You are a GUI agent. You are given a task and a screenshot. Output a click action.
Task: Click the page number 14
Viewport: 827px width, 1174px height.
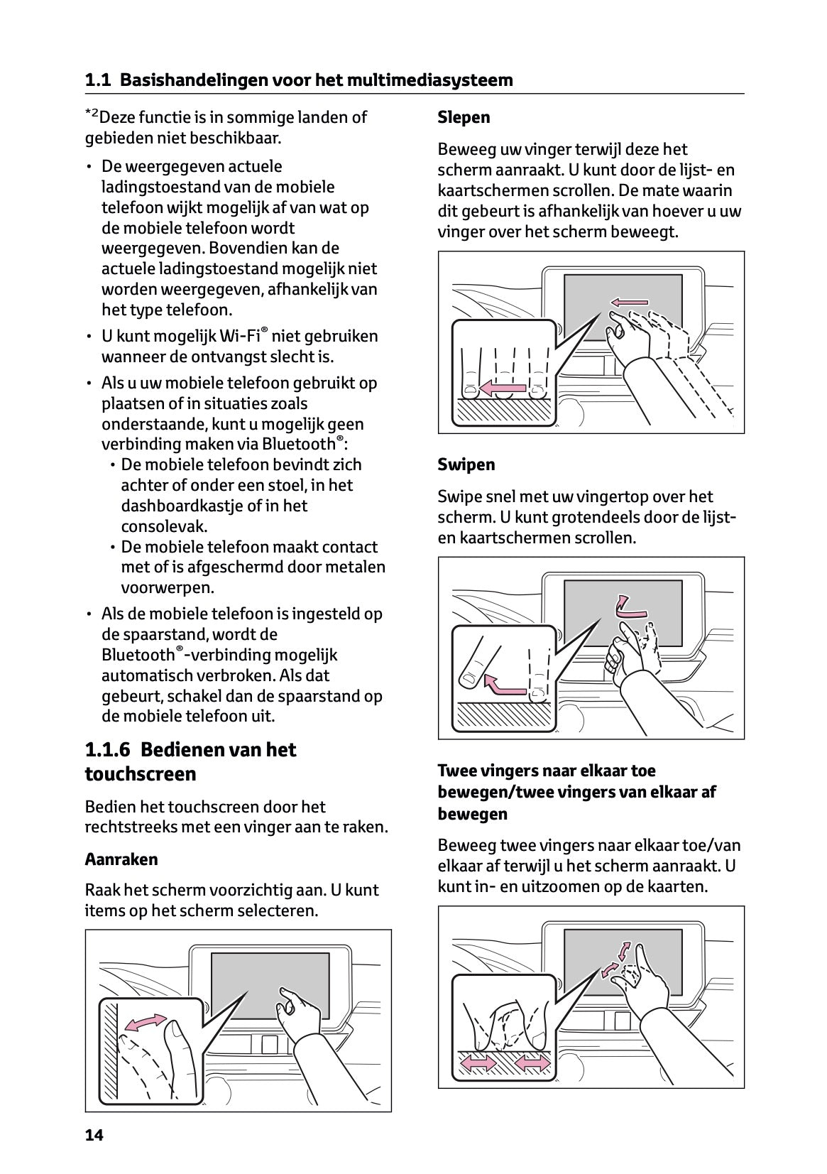[x=94, y=1135]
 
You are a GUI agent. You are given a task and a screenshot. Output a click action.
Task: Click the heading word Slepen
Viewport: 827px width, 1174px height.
[x=464, y=117]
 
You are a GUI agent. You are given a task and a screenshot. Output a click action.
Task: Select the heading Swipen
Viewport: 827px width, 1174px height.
[x=466, y=464]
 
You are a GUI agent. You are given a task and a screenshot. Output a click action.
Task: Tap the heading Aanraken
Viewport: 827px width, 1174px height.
[x=121, y=859]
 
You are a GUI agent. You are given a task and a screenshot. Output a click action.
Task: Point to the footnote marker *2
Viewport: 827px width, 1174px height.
[x=93, y=114]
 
